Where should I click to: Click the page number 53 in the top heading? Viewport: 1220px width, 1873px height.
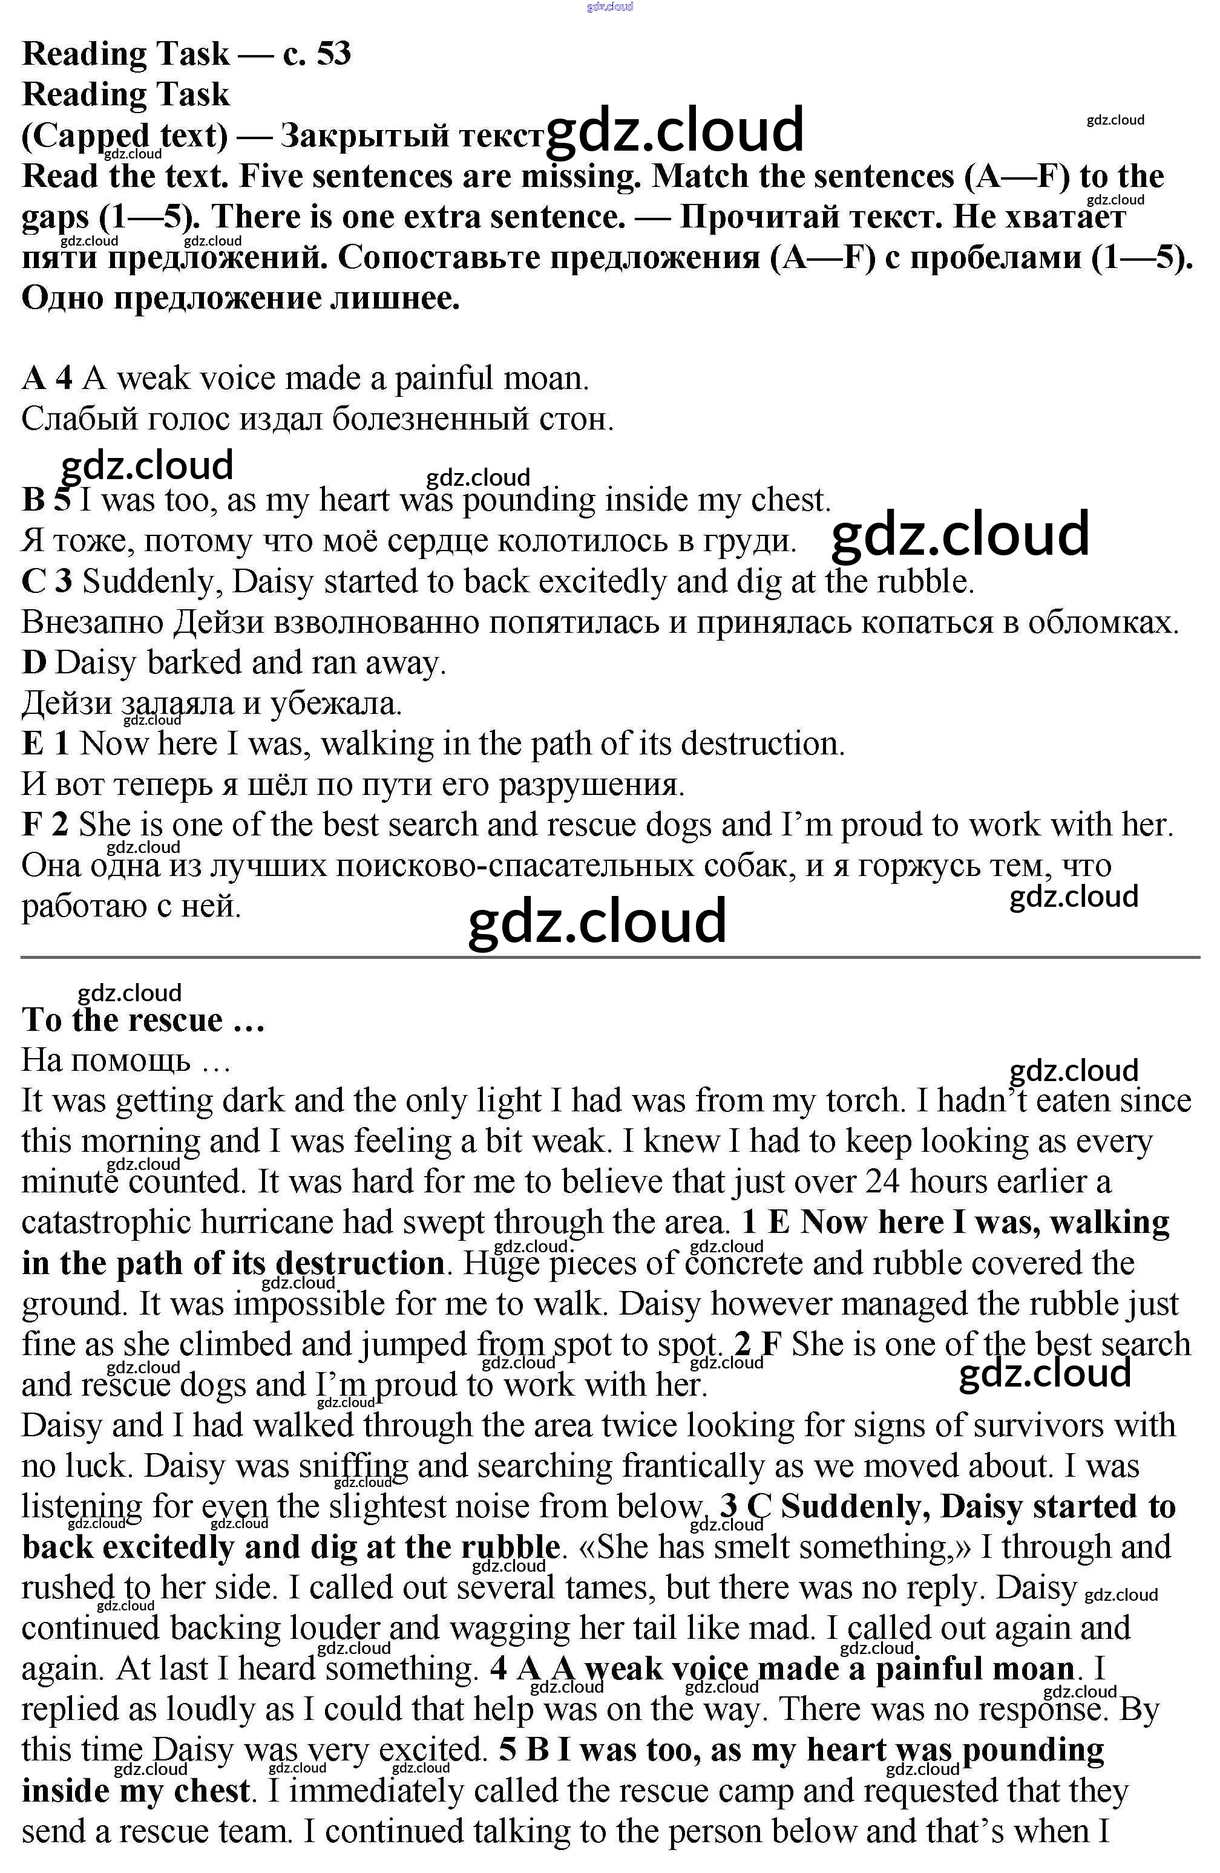(x=333, y=53)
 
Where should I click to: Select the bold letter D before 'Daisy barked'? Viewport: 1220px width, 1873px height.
(x=34, y=662)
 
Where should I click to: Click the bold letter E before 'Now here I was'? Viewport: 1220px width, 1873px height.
(x=33, y=744)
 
